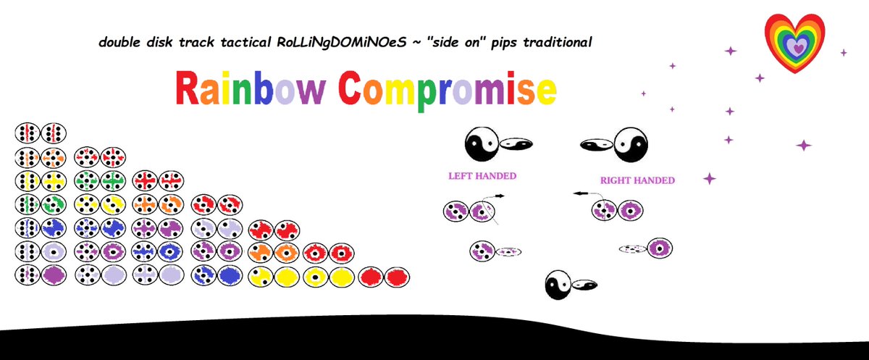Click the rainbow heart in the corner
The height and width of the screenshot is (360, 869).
[x=794, y=43]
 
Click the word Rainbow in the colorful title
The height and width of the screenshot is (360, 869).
[x=251, y=88]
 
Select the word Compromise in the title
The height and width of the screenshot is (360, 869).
[x=448, y=91]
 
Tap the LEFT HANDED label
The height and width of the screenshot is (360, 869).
[x=482, y=176]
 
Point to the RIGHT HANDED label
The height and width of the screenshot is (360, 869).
[x=637, y=180]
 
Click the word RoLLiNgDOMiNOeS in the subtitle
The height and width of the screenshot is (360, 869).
[x=341, y=42]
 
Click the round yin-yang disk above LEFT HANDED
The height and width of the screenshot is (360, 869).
[x=482, y=144]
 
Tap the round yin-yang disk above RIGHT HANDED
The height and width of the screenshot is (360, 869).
[x=631, y=144]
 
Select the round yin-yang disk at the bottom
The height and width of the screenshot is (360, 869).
[x=558, y=285]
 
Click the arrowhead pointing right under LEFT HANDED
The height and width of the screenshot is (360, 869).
[x=501, y=196]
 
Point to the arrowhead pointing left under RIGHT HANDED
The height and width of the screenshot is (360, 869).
[x=578, y=193]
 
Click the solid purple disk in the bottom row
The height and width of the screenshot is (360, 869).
[x=54, y=275]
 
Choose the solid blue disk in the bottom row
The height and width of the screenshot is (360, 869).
[x=230, y=276]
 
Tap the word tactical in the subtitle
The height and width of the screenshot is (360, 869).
[x=245, y=42]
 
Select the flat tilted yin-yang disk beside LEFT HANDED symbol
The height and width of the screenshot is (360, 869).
[x=516, y=144]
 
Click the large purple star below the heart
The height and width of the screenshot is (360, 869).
[x=804, y=146]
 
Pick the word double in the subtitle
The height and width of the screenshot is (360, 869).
[x=119, y=42]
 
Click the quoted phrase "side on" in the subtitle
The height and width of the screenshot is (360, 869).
[x=456, y=42]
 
